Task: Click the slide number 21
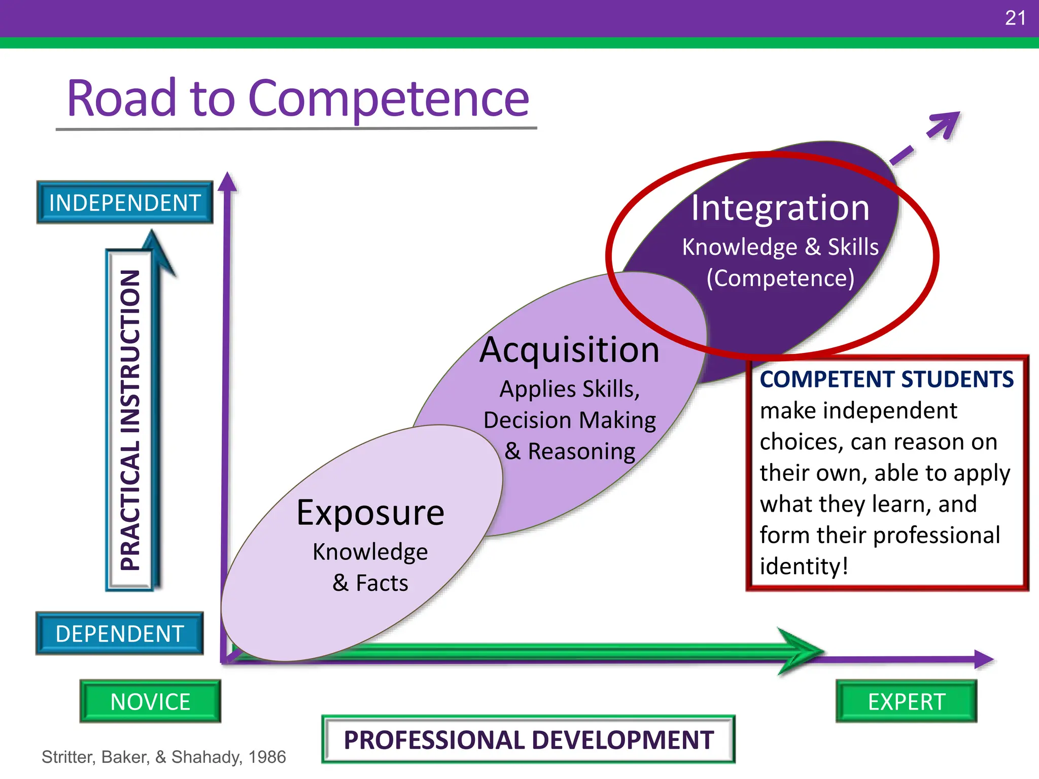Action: [x=1015, y=18]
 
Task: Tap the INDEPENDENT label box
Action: [x=125, y=202]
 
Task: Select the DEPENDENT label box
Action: [x=120, y=633]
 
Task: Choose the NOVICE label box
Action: [x=150, y=701]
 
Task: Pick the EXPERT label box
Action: [x=907, y=701]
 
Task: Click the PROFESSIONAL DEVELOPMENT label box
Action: [x=528, y=739]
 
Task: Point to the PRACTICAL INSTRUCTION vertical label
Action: [x=130, y=420]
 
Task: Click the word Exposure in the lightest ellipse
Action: [x=370, y=512]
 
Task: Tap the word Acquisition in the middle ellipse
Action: [x=569, y=350]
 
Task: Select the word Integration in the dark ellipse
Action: [x=780, y=208]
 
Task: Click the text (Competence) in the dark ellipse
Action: [x=780, y=278]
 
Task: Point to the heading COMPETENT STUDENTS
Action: [x=886, y=379]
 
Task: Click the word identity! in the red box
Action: [x=804, y=566]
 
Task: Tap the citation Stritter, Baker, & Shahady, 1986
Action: [x=163, y=757]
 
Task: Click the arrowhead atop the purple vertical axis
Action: [x=228, y=183]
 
